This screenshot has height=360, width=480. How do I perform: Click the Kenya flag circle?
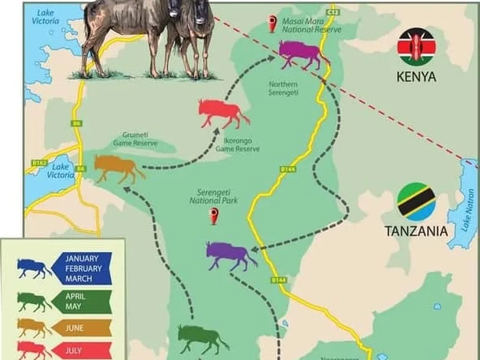[416, 47]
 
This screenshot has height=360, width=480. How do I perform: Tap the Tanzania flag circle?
[416, 202]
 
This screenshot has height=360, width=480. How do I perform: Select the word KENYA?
[416, 77]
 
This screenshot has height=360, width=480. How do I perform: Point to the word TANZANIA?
[416, 231]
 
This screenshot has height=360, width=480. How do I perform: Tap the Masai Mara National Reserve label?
[311, 25]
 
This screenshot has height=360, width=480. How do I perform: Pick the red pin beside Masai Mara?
[272, 23]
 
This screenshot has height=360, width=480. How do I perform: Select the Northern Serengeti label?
[283, 88]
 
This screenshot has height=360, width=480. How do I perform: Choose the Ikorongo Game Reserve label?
[237, 145]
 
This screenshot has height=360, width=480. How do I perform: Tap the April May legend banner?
[82, 301]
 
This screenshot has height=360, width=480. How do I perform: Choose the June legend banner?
[82, 328]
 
